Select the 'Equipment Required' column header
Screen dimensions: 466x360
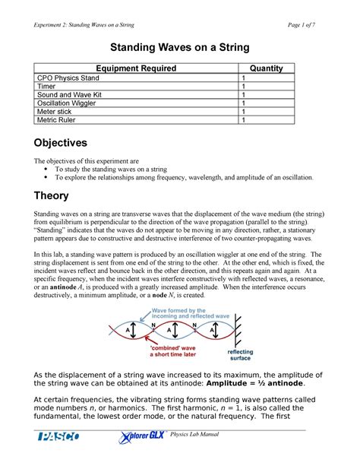(138, 68)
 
